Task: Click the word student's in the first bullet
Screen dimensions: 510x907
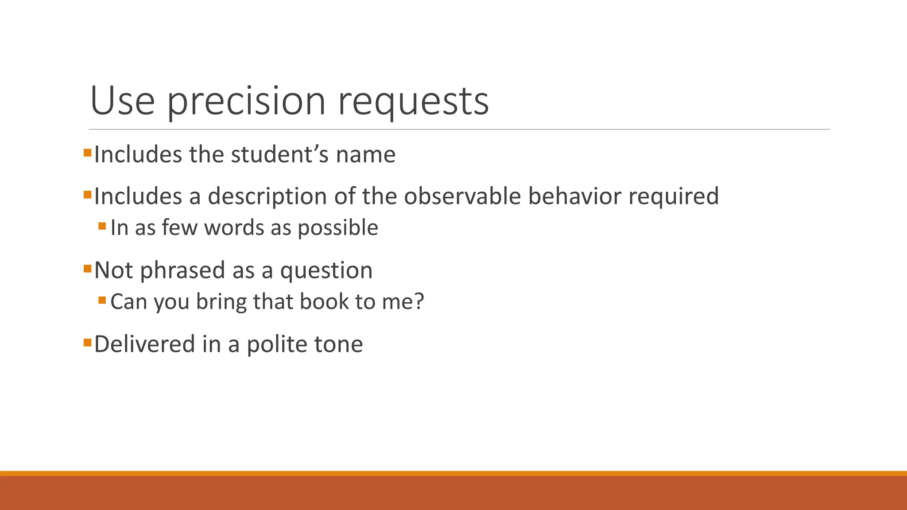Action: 279,155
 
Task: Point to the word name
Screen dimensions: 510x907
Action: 365,155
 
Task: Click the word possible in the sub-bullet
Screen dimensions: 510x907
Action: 337,228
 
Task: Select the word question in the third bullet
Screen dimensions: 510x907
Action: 326,270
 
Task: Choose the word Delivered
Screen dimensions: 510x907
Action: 144,344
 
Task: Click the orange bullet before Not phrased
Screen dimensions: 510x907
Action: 87,268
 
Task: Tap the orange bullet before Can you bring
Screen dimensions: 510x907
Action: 102,300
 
